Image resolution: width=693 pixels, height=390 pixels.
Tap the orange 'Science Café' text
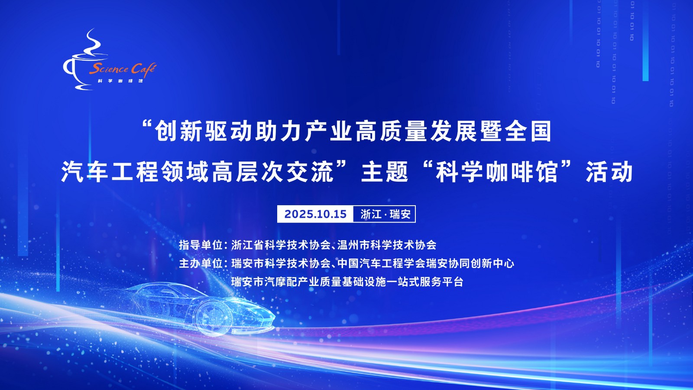[123, 69]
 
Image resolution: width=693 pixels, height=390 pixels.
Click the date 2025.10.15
[315, 214]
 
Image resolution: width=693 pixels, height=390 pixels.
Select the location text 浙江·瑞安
[385, 214]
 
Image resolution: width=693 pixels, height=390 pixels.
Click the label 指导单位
[201, 245]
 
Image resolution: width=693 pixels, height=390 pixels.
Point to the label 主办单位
[201, 263]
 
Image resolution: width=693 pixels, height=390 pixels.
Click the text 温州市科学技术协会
[387, 245]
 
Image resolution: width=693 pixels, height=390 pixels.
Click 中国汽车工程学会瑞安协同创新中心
[426, 263]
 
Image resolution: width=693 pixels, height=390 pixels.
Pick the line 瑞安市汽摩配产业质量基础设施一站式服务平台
[347, 282]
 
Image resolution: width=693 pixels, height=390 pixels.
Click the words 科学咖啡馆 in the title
[497, 172]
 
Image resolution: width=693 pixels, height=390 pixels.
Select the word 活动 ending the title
[609, 172]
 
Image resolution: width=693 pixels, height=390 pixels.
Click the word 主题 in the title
[385, 172]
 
